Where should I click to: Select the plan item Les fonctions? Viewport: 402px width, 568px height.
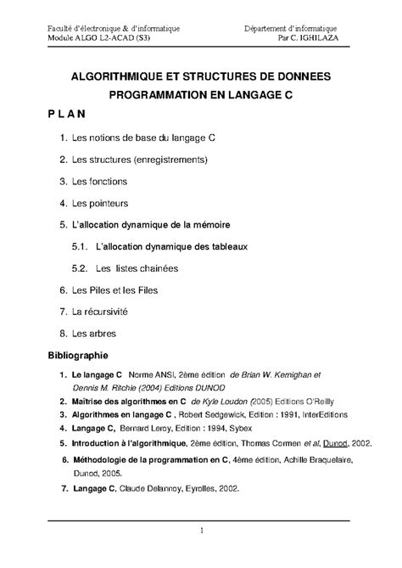(100, 181)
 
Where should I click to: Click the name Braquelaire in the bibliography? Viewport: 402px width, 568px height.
(310, 459)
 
